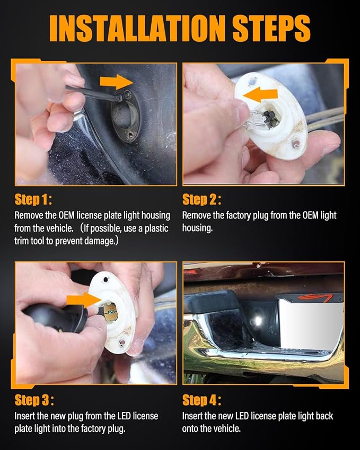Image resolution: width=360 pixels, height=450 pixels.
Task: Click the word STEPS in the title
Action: [271, 29]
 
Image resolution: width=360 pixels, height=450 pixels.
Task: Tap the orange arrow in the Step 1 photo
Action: [116, 82]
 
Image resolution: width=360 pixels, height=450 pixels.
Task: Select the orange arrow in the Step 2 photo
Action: [261, 95]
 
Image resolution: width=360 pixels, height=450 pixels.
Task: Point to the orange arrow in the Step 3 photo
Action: [83, 301]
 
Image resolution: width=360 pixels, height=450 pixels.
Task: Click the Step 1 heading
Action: [33, 199]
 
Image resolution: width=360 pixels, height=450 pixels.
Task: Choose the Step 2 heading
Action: [202, 199]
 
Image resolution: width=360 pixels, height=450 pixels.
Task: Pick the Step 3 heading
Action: [34, 400]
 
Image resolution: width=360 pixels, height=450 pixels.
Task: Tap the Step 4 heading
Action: [202, 400]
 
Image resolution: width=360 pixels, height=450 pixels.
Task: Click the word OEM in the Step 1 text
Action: [67, 215]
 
